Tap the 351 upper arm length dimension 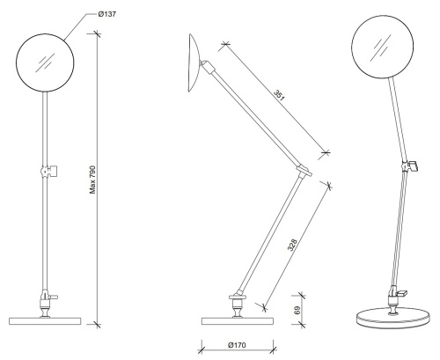[x=279, y=96]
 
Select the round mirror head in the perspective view [x=383, y=48]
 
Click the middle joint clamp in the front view [x=48, y=167]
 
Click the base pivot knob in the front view [x=43, y=299]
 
